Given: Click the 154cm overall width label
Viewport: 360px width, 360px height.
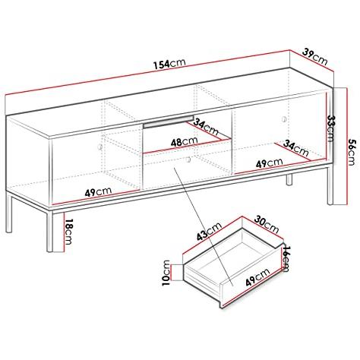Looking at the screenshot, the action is tap(169, 64).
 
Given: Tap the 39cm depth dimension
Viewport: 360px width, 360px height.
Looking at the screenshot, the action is tap(315, 57).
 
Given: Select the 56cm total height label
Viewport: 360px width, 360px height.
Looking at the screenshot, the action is tap(352, 152).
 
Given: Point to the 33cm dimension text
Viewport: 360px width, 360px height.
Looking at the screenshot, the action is tap(331, 128).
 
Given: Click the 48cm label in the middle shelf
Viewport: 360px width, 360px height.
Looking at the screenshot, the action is tap(184, 142).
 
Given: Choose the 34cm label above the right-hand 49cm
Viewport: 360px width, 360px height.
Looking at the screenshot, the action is tap(296, 148).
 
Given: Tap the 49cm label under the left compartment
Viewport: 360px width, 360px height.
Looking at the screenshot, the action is tap(98, 191).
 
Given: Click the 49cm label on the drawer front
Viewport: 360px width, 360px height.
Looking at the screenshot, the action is tap(257, 277).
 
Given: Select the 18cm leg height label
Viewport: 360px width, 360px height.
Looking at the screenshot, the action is tap(68, 232).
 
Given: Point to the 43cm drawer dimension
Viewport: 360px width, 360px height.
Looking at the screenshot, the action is tap(210, 231).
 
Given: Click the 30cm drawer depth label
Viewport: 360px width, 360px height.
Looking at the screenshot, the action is tap(267, 224).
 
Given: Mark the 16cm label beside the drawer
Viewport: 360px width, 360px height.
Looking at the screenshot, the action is tap(286, 259).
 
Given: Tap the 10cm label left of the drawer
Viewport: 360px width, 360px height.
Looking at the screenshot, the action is tap(166, 273).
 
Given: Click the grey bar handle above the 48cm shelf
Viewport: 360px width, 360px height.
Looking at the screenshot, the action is tap(169, 122).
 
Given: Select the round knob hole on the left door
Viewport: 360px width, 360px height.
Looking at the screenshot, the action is tap(100, 147).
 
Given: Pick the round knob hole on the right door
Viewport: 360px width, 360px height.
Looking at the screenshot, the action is tap(284, 118).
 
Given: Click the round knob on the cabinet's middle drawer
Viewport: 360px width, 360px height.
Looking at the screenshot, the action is tap(188, 159).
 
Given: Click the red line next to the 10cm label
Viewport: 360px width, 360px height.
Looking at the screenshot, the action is tap(172, 273).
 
